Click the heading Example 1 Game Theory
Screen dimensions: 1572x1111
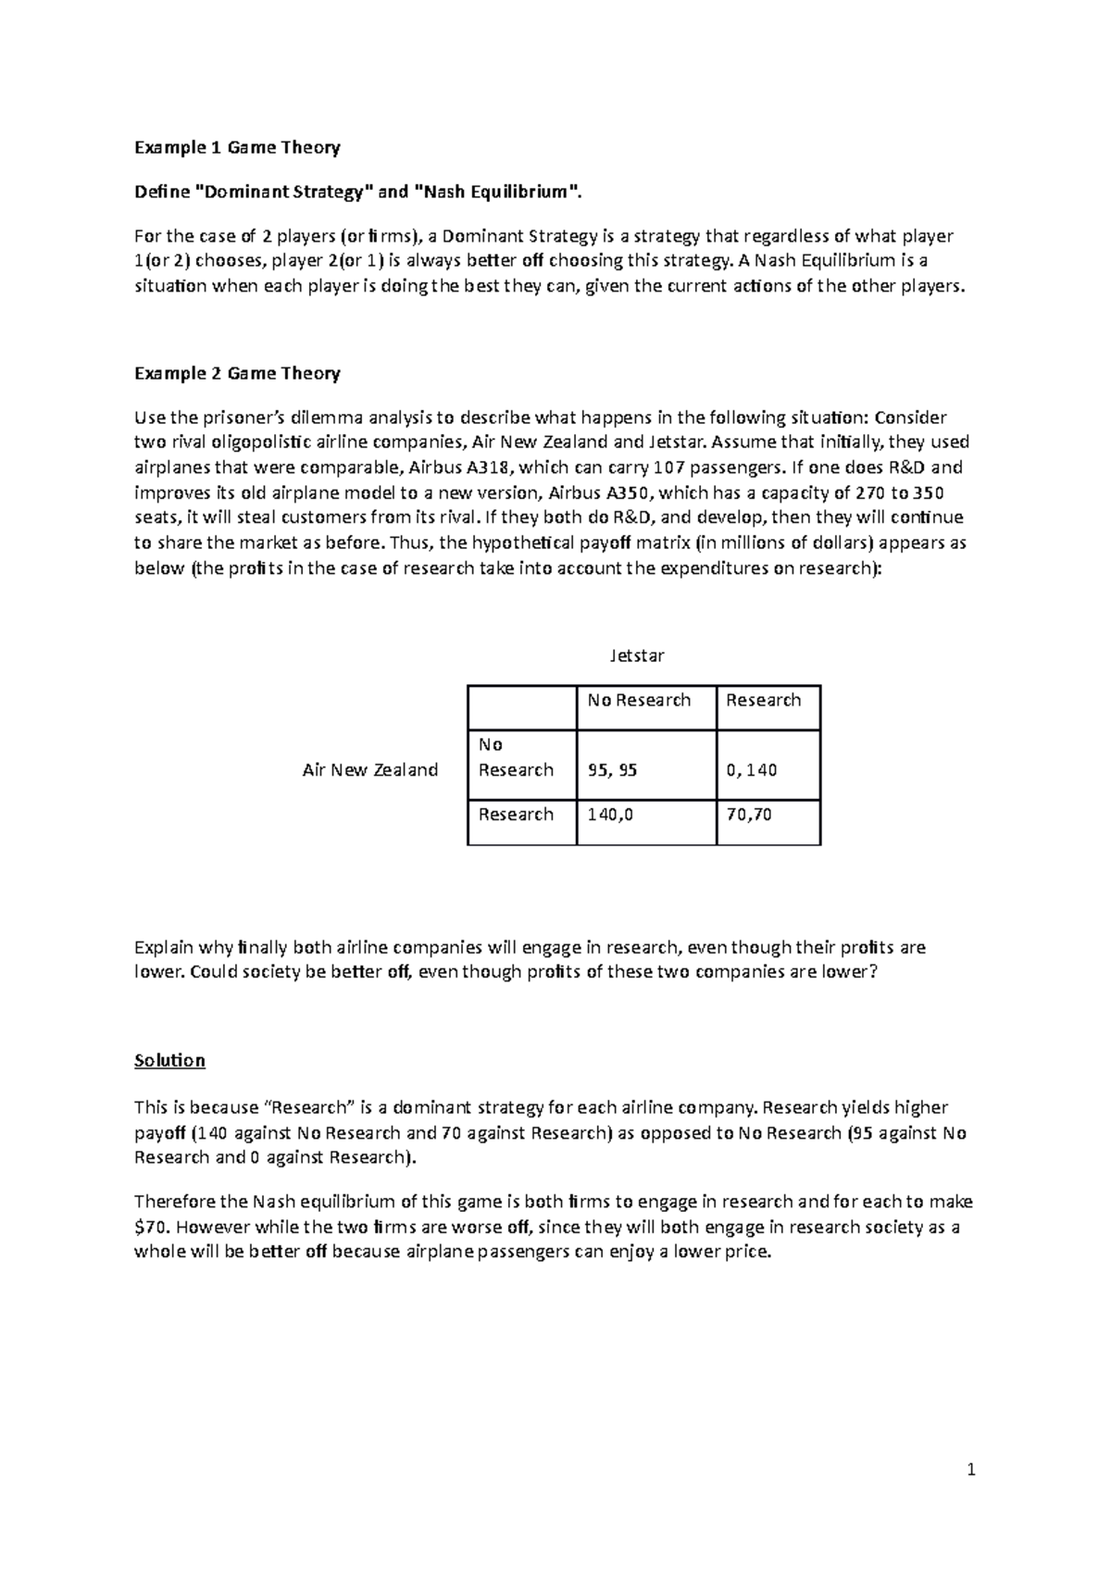point(237,147)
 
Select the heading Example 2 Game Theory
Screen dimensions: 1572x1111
point(237,373)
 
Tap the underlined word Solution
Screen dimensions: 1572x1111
point(169,1060)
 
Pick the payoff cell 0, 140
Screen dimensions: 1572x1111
point(751,769)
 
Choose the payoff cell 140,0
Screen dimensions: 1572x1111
point(610,814)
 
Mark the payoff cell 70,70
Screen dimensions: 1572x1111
point(749,814)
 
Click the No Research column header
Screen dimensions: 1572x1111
point(639,700)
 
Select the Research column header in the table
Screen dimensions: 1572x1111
point(763,700)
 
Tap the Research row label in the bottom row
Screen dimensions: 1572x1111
point(516,814)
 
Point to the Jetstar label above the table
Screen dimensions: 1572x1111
point(637,655)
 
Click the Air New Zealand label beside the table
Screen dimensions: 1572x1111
point(370,769)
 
